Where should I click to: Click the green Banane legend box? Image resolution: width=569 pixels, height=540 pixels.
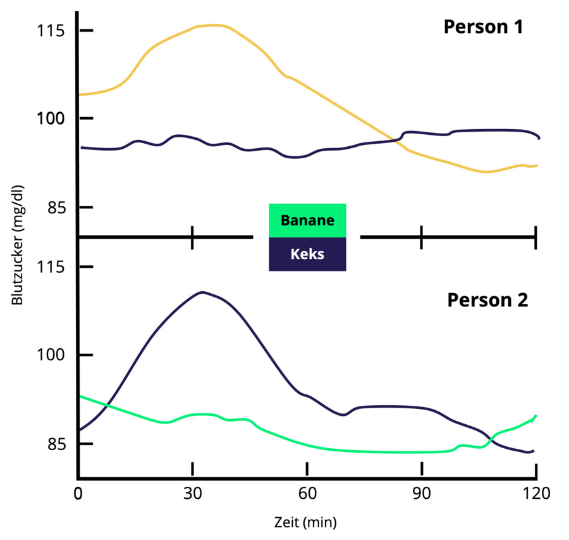pyautogui.click(x=307, y=220)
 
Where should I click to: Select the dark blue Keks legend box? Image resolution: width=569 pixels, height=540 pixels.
pyautogui.click(x=307, y=254)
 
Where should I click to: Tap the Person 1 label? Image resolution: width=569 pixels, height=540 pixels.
pyautogui.click(x=483, y=28)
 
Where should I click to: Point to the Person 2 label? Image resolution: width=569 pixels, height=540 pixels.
pyautogui.click(x=487, y=299)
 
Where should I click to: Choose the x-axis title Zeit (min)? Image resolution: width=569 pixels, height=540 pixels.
pyautogui.click(x=306, y=523)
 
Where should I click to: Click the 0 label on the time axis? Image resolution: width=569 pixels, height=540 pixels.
pyautogui.click(x=78, y=493)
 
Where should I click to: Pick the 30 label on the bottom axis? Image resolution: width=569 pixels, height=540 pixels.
pyautogui.click(x=192, y=493)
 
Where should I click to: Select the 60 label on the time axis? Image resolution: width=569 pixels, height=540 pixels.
pyautogui.click(x=307, y=493)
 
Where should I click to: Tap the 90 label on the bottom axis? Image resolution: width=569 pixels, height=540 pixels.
pyautogui.click(x=421, y=493)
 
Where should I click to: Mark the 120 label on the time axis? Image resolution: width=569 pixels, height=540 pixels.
pyautogui.click(x=535, y=493)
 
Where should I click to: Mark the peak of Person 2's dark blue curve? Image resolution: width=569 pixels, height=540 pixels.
pyautogui.click(x=202, y=292)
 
